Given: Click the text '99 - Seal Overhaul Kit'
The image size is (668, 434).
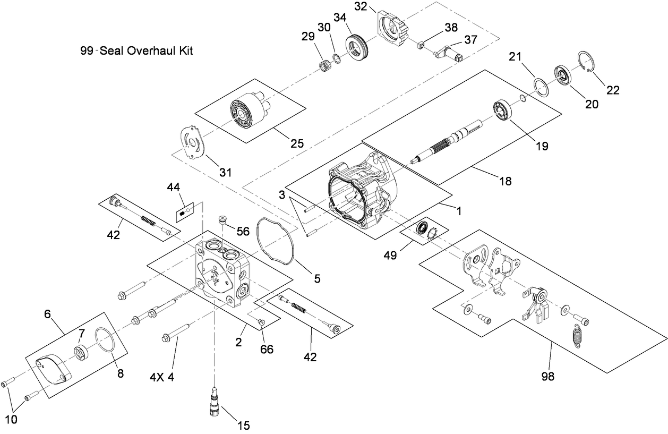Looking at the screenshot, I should click(x=135, y=52).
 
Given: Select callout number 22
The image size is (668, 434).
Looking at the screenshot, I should click(x=613, y=90).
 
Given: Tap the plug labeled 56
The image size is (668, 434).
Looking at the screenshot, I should click(x=224, y=219).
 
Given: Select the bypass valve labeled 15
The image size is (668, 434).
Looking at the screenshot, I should click(x=215, y=398).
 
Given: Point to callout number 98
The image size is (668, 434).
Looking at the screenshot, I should click(x=547, y=377).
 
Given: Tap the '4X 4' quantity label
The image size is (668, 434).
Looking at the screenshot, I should click(x=161, y=378).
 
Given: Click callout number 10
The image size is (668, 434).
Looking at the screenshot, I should click(x=11, y=419).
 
